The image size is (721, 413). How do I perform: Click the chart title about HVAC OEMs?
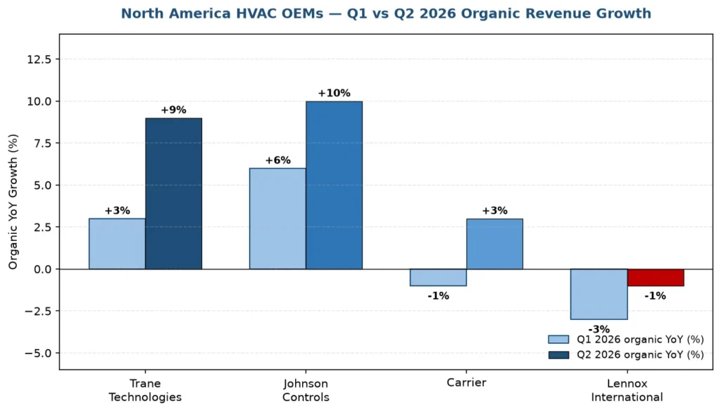[x=386, y=13]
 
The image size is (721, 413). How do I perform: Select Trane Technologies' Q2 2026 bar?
[x=173, y=193]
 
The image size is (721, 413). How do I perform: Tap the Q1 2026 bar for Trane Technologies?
[x=118, y=244]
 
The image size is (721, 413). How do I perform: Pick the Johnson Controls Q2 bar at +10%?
[x=334, y=185]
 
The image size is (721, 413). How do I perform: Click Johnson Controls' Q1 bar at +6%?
[x=277, y=218]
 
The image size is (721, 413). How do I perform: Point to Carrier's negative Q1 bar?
[x=438, y=278]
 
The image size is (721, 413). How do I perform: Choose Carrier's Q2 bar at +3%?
[x=494, y=244]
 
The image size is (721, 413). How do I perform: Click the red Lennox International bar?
[x=656, y=278]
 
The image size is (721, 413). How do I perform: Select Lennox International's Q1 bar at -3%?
[x=598, y=294]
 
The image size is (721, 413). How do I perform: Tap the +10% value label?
[x=334, y=93]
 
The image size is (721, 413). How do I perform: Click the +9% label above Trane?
[x=173, y=110]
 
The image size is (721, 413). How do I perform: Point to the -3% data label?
[x=598, y=329]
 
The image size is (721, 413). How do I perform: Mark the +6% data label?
[x=277, y=160]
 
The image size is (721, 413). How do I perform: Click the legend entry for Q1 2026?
[x=626, y=340]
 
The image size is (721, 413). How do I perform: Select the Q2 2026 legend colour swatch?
[x=558, y=355]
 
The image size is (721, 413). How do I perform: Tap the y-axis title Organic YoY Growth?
[x=13, y=202]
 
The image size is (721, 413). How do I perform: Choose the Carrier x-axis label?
[x=466, y=383]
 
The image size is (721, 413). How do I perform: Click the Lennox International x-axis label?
[x=627, y=390]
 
